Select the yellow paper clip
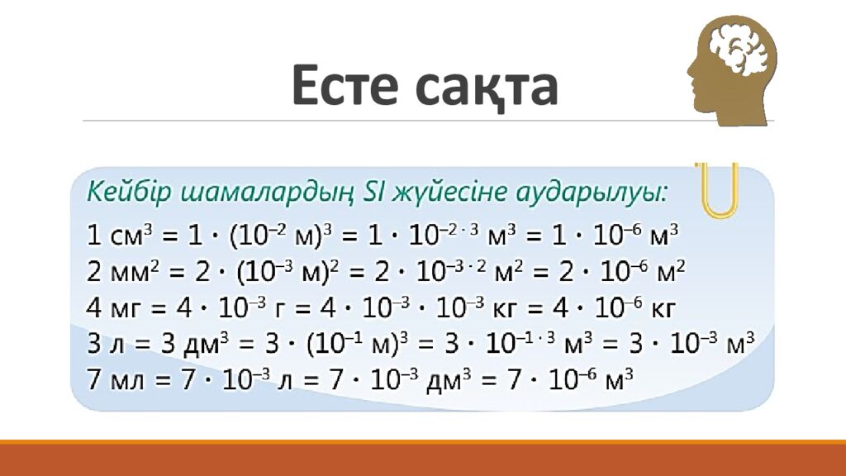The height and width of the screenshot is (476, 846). (719, 189)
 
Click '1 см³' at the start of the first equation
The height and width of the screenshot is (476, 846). (120, 235)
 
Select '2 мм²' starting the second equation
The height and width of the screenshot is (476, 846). (121, 271)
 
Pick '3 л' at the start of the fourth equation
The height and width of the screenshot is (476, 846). (106, 344)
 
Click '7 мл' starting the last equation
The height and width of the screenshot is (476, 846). (116, 379)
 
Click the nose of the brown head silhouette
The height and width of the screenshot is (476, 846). (691, 70)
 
